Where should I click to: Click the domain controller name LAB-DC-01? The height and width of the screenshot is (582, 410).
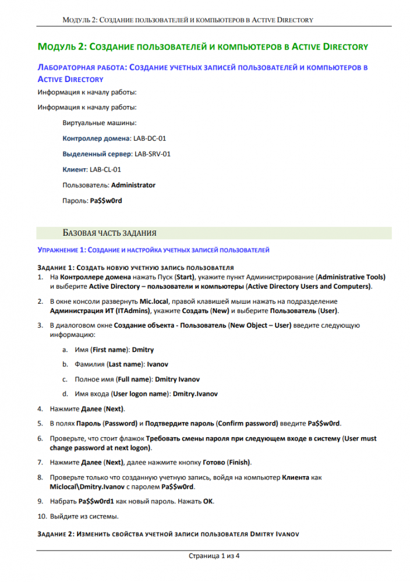pyautogui.click(x=150, y=139)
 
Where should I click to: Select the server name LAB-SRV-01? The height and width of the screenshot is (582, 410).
pyautogui.click(x=152, y=154)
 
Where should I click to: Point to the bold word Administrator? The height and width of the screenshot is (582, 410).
pyautogui.click(x=133, y=185)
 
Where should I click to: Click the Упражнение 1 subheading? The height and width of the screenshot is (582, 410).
pyautogui.click(x=153, y=250)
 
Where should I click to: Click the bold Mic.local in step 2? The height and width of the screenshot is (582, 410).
pyautogui.click(x=154, y=301)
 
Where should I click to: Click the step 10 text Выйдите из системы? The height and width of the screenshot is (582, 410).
pyautogui.click(x=84, y=516)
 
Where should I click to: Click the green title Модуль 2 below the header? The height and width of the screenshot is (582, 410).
pyautogui.click(x=202, y=47)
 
